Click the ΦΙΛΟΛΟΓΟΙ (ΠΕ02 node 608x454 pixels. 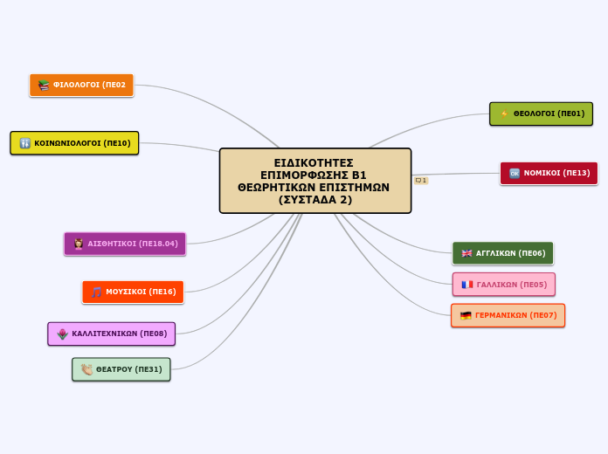pos(81,85)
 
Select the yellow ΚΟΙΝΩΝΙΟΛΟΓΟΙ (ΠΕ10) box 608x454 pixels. pos(74,143)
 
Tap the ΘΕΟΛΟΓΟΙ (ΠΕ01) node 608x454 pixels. pos(541,114)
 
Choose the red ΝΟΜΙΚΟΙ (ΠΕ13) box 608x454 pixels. pos(549,173)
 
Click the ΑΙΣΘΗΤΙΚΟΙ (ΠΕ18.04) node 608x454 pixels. pos(125,244)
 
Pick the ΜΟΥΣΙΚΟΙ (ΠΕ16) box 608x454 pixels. pos(133,292)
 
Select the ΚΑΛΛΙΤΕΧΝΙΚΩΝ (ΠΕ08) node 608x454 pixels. pos(111,334)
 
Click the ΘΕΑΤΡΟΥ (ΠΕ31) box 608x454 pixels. pos(121,369)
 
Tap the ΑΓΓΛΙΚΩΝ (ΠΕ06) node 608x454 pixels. pos(503,253)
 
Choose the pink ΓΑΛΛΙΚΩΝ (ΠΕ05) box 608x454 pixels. pos(504,285)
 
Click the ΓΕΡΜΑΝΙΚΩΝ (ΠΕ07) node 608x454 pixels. pos(508,315)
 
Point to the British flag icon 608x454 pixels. pos(466,253)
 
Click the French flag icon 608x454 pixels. pos(466,285)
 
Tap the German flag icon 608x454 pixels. pos(466,315)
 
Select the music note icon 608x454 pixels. pos(96,292)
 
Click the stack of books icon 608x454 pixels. pos(44,85)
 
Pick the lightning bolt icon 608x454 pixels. pos(504,114)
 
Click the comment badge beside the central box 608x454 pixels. pos(421,180)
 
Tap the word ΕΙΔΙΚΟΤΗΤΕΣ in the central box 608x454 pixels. pos(314,163)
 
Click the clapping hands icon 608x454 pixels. pos(86,369)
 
